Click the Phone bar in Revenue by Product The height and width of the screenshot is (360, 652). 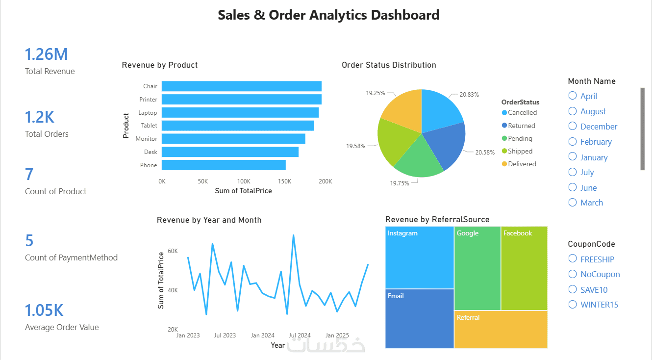pyautogui.click(x=224, y=165)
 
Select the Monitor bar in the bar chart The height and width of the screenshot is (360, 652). pyautogui.click(x=233, y=139)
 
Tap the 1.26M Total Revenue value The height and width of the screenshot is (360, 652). pyautogui.click(x=46, y=54)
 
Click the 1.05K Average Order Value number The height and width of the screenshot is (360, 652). pyautogui.click(x=44, y=310)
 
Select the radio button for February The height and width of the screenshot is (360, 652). pyautogui.click(x=573, y=142)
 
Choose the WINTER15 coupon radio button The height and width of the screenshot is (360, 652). pyautogui.click(x=573, y=305)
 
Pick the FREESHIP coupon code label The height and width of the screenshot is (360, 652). pyautogui.click(x=597, y=259)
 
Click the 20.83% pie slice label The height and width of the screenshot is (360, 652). pyautogui.click(x=469, y=94)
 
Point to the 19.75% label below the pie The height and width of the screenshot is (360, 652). pyautogui.click(x=400, y=183)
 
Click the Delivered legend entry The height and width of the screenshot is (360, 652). pyautogui.click(x=519, y=164)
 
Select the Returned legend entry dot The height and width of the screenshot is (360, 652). pyautogui.click(x=504, y=126)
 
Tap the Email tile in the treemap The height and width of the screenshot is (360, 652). pyautogui.click(x=420, y=319)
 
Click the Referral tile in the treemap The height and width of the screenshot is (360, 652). pyautogui.click(x=501, y=330)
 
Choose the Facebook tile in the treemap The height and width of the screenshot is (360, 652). pyautogui.click(x=524, y=268)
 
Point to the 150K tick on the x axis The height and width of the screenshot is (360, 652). pyautogui.click(x=284, y=181)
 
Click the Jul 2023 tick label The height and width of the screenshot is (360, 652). pyautogui.click(x=225, y=335)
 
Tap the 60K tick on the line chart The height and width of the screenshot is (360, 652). pyautogui.click(x=173, y=251)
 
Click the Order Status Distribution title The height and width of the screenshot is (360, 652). pyautogui.click(x=389, y=65)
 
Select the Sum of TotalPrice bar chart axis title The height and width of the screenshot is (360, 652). pyautogui.click(x=243, y=191)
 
